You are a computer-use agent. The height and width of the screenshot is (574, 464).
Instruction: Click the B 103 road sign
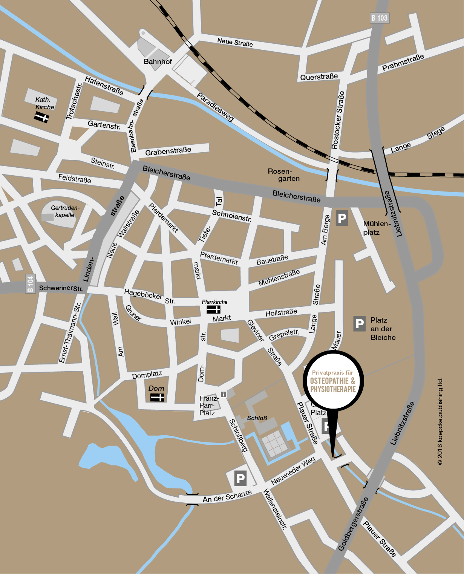click(x=379, y=18)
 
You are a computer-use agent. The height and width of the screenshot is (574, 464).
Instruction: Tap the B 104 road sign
click(x=30, y=284)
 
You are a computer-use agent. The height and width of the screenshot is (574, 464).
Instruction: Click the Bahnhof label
click(x=158, y=61)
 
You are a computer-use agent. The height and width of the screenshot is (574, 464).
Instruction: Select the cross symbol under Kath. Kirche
click(x=41, y=118)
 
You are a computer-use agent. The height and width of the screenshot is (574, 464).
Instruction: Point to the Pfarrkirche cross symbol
click(x=213, y=309)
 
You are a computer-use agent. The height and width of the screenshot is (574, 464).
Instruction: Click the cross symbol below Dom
click(x=157, y=397)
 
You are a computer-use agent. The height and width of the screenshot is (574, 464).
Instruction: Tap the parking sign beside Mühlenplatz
click(x=341, y=218)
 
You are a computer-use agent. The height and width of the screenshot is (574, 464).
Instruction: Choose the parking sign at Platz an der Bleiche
click(x=359, y=324)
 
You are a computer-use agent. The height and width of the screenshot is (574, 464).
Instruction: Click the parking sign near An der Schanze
click(x=240, y=479)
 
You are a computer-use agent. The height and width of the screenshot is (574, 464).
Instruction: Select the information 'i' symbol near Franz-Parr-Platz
click(x=224, y=394)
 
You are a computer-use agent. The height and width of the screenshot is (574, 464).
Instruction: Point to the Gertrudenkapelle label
click(x=65, y=211)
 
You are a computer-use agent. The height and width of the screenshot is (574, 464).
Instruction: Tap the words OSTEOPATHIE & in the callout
click(x=332, y=381)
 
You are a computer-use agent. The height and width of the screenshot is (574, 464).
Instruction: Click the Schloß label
click(x=257, y=418)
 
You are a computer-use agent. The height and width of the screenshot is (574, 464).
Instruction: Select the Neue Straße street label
click(x=235, y=42)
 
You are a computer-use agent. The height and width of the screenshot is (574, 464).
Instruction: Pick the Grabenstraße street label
click(x=168, y=151)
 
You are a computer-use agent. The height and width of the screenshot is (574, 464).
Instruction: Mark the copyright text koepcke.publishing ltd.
click(x=440, y=421)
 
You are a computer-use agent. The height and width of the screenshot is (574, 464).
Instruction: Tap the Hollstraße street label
click(x=281, y=312)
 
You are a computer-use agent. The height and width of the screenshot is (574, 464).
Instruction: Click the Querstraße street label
click(x=319, y=77)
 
